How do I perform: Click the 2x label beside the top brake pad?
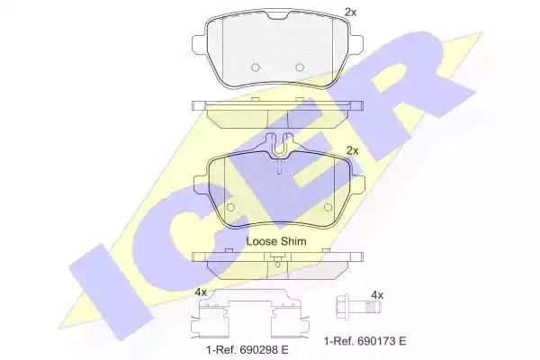coord(351,13)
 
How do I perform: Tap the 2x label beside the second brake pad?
coord(352,150)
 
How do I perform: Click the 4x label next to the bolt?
coord(377,295)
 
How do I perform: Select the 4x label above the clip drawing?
coord(201,292)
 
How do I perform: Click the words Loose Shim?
coord(276,241)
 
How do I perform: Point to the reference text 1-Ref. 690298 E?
coord(247,350)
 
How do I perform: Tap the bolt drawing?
coord(358,306)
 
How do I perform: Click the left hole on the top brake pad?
coord(256,67)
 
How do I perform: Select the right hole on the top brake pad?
coord(300,67)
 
